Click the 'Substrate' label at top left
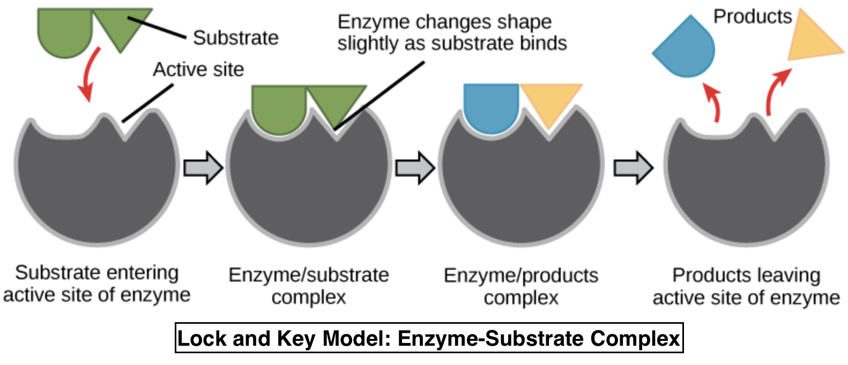[235, 38]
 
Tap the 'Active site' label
[198, 70]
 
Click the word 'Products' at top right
[752, 17]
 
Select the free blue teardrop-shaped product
[687, 50]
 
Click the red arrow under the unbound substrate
[89, 75]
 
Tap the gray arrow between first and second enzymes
[203, 168]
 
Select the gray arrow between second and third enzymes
[414, 168]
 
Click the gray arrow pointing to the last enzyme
[633, 168]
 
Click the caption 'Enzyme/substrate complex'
[309, 286]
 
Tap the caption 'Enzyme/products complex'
[520, 286]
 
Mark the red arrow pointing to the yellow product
[776, 91]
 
